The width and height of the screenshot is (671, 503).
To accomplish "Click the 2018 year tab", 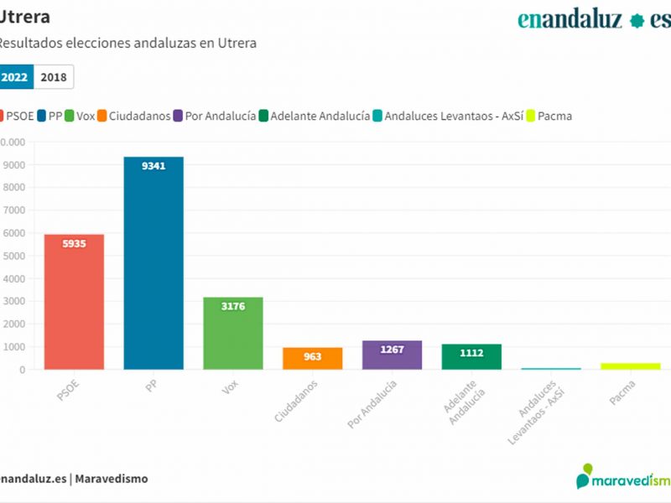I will [54, 77].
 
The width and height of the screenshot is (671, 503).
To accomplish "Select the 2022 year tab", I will [15, 77].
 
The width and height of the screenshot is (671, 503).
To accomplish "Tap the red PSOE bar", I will [74, 302].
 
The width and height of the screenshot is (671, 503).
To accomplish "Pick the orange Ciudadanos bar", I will [312, 358].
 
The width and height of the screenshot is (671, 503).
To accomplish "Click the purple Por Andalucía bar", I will [392, 355].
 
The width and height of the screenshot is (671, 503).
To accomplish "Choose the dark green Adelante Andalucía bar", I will [471, 356].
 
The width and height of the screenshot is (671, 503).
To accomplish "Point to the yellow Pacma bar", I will [630, 366].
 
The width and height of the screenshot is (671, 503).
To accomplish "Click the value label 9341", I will [153, 166].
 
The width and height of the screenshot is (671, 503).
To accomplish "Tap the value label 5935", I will [74, 244].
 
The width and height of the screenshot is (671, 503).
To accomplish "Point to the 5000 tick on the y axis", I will [13, 256].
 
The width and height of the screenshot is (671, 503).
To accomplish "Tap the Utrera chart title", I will [24, 17].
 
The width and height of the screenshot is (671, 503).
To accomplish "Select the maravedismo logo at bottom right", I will [623, 479].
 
